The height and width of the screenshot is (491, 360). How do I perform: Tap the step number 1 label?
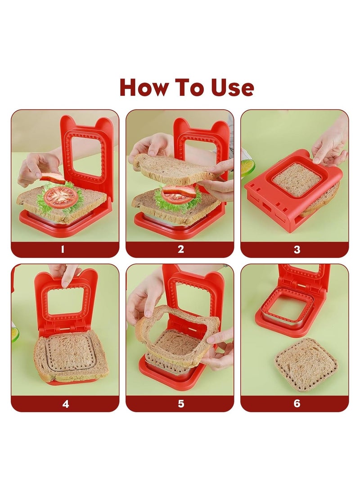point(63,249)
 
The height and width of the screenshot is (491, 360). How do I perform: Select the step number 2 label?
point(180,249)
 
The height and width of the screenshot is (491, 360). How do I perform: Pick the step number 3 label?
point(297,249)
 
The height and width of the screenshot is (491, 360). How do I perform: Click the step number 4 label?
point(66,404)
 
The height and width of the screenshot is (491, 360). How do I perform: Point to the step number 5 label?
point(181,404)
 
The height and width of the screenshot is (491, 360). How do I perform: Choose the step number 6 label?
point(297,404)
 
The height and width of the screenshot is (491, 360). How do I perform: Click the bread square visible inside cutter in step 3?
point(297,179)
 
